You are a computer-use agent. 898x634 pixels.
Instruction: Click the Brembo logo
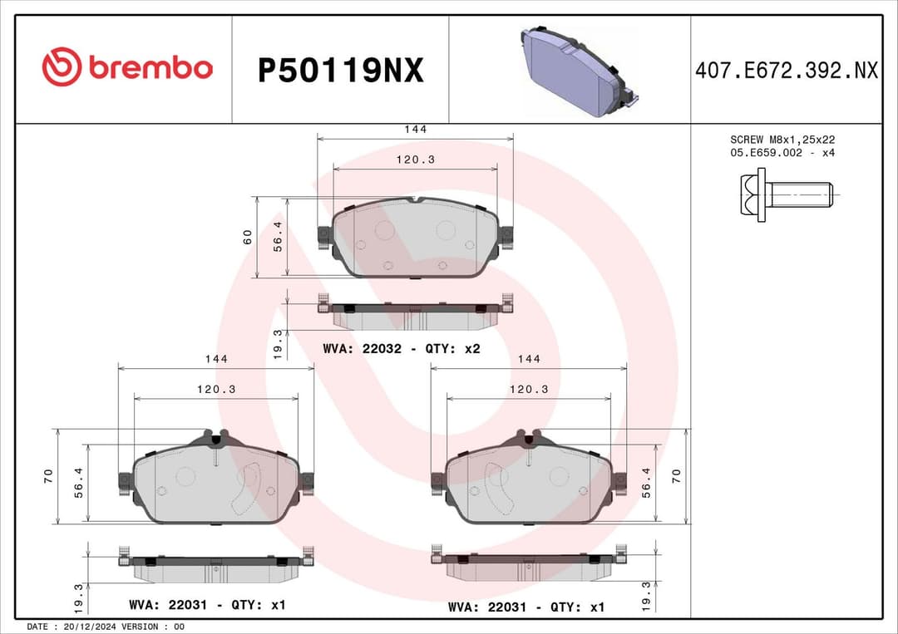[x=127, y=68]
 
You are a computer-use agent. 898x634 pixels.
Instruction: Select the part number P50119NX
[x=340, y=71]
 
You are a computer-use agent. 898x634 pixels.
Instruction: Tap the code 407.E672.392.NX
[x=786, y=71]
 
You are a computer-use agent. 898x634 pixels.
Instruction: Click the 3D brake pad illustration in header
[x=578, y=71]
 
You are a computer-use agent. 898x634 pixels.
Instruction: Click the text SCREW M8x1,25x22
[x=782, y=140]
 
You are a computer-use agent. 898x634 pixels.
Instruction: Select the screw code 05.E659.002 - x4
[x=782, y=153]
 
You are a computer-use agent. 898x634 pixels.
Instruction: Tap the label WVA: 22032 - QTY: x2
[x=402, y=349]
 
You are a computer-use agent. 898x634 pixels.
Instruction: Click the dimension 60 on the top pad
[x=248, y=237]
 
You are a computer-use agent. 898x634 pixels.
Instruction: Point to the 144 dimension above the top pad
[x=415, y=130]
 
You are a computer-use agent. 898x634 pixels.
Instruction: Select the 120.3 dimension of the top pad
[x=415, y=160]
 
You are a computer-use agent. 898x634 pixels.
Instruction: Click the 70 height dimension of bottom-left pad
[x=48, y=476]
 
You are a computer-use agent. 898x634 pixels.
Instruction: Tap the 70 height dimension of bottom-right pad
[x=677, y=476]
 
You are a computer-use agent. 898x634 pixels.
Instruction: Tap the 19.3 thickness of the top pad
[x=279, y=343]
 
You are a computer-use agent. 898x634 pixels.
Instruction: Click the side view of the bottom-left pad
[x=215, y=568]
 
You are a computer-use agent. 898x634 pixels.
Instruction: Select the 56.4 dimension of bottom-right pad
[x=646, y=483]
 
